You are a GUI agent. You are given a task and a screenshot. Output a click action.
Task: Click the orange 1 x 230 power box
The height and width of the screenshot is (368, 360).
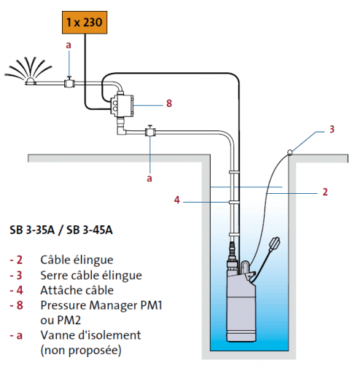(x=85, y=23)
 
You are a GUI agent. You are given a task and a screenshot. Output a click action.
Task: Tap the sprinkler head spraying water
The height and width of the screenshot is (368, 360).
(x=31, y=82)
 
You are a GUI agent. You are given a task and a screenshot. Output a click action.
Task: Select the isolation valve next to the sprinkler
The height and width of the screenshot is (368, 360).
(x=69, y=82)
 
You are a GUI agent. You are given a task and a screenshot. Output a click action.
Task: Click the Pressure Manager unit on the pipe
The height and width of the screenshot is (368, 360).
(x=122, y=105)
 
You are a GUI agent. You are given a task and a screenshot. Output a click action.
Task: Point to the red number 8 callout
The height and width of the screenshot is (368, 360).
(x=169, y=103)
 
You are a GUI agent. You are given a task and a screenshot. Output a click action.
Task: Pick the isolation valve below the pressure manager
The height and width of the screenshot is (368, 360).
(x=150, y=131)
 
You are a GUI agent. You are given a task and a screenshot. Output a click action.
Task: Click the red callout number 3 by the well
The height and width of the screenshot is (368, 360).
(x=332, y=129)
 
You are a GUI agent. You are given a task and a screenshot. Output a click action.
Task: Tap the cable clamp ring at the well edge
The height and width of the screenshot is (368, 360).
(x=289, y=152)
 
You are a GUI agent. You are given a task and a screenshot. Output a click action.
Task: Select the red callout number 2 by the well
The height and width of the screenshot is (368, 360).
(x=325, y=192)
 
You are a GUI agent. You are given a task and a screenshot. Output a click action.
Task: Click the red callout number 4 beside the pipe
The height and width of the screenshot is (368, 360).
(x=177, y=200)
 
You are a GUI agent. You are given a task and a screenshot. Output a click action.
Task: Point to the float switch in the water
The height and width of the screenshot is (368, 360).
(x=274, y=244)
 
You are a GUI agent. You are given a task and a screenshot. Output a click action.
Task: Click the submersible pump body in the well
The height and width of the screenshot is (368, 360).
(x=241, y=306)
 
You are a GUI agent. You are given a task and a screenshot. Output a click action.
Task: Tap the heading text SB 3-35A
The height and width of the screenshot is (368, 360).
(x=32, y=230)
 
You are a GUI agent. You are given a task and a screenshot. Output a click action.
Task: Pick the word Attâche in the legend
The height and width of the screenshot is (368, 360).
(x=58, y=290)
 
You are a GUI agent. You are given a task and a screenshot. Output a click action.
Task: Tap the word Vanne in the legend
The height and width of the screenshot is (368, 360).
(x=55, y=335)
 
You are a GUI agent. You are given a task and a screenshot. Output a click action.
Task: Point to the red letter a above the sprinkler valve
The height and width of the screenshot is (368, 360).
(x=69, y=45)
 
